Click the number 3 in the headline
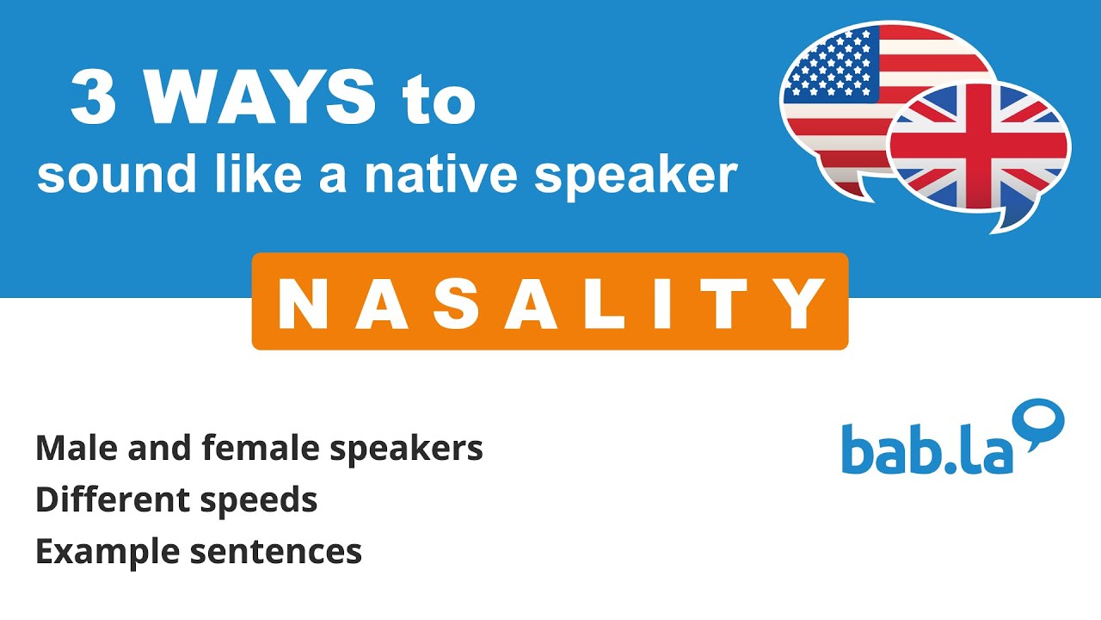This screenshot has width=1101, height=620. (93, 100)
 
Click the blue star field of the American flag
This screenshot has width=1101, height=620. (830, 65)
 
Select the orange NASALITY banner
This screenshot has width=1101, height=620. (550, 301)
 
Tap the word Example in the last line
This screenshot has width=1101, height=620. (99, 552)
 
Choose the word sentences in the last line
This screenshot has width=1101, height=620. (275, 552)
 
